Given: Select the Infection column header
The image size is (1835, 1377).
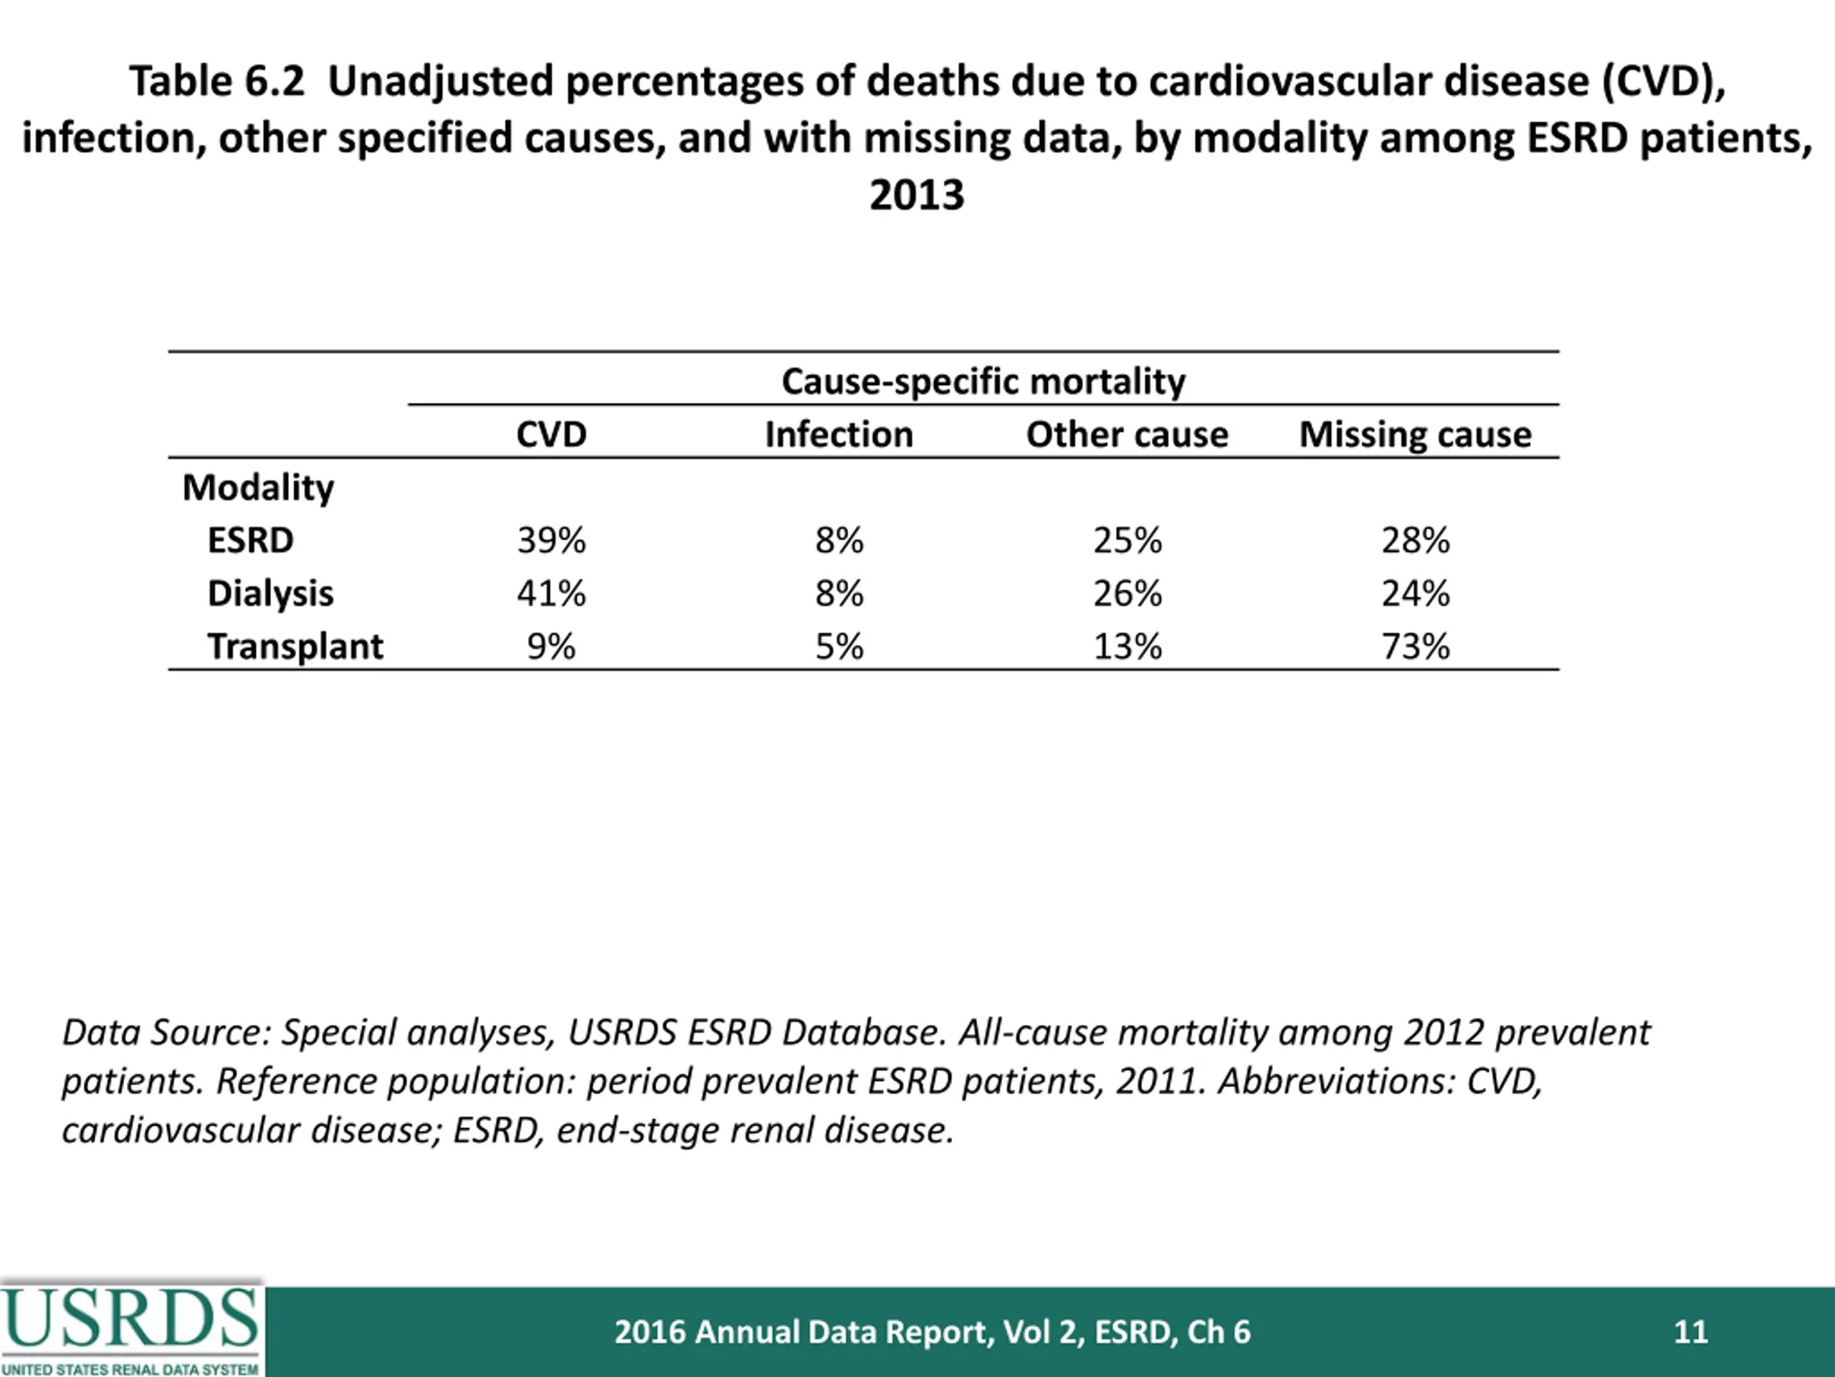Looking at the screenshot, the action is coord(839,434).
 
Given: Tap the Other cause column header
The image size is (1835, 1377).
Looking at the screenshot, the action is coord(1128,434).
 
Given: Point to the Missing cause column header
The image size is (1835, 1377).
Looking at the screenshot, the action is coord(1415,434).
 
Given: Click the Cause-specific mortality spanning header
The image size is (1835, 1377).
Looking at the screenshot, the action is coord(984,382).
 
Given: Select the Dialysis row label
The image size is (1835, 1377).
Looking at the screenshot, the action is coord(270,593).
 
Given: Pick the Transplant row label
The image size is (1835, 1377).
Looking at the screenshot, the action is coord(295,647).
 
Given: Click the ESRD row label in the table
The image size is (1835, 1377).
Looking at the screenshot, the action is coord(251,540).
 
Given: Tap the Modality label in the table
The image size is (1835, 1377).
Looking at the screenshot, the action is coord(258,487).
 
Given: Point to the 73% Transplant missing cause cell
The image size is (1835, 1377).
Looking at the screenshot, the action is coord(1415,647).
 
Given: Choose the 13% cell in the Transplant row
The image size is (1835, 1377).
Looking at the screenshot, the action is coord(1128,647).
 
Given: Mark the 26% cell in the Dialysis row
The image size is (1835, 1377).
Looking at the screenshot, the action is coord(1128,593).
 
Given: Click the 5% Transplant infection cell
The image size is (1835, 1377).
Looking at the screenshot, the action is coord(839,647).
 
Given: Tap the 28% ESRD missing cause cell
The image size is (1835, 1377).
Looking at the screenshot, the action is coord(1415,540).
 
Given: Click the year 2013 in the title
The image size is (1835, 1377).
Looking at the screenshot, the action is coord(917,195).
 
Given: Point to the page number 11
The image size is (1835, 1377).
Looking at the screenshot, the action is coord(1691,1331).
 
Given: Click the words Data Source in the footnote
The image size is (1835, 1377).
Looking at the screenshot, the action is coord(162,1033).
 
